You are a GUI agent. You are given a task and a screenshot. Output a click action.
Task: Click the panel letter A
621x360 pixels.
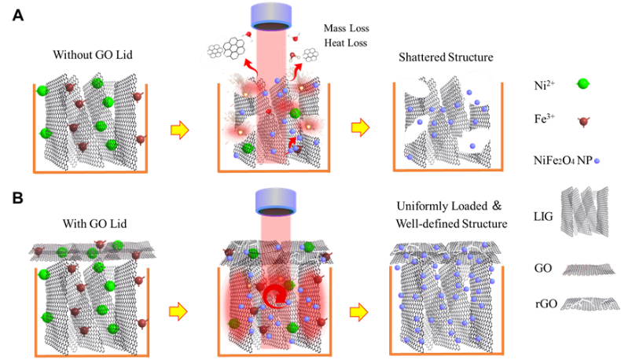point(18,15)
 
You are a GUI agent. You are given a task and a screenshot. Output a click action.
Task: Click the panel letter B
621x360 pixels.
point(18,197)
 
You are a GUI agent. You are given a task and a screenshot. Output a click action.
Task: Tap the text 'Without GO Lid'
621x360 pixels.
point(93,55)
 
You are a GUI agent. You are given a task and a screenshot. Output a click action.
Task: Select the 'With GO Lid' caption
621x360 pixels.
point(94,224)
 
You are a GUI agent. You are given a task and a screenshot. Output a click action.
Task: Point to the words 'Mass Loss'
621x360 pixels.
point(346,28)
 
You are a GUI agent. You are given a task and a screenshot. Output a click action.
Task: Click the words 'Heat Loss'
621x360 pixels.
point(346,42)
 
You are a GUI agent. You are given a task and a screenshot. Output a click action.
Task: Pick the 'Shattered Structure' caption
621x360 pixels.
point(446,57)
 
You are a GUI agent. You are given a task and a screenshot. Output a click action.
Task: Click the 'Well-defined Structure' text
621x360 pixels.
point(451,224)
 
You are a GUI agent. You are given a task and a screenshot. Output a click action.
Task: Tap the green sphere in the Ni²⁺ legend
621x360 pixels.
point(582,83)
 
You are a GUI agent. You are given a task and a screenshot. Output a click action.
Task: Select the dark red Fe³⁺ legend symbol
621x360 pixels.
point(583,122)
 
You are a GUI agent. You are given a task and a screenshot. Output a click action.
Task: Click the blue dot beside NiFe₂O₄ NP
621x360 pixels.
point(597,161)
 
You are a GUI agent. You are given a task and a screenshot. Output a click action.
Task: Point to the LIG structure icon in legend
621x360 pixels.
point(585,212)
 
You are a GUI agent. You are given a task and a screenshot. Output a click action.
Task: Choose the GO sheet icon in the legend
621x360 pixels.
point(590,270)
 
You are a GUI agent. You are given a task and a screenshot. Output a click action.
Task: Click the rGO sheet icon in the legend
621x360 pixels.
point(590,303)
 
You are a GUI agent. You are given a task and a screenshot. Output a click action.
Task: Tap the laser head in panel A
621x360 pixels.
point(271,17)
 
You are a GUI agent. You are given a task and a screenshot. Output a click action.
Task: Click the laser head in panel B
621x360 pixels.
point(276,202)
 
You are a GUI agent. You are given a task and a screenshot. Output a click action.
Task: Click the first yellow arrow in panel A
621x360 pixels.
point(180,130)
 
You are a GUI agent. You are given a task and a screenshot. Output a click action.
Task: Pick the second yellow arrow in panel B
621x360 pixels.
point(358,313)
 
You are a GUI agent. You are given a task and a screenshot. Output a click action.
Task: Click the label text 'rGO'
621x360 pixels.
point(546,304)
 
